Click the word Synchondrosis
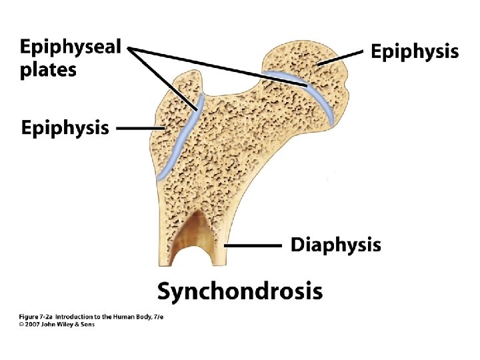(x=240, y=291)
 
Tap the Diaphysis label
(x=336, y=245)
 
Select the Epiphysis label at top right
(x=415, y=51)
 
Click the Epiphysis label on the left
(x=65, y=127)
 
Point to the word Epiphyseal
(x=70, y=48)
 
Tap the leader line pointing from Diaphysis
(x=253, y=245)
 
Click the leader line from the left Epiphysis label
(x=140, y=127)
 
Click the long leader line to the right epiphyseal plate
(x=220, y=67)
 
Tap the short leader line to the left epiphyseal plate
(x=163, y=73)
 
